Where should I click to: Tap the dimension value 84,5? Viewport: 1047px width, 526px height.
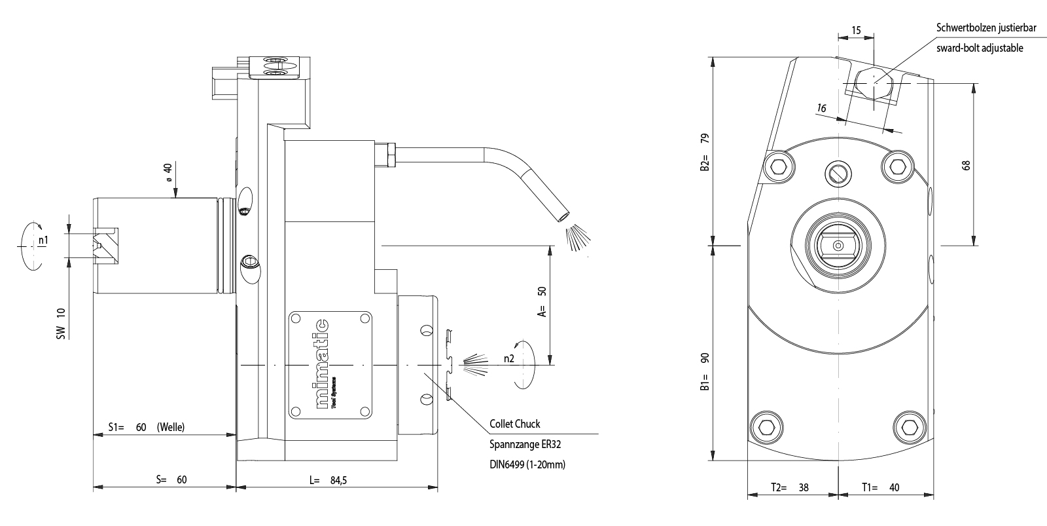pyautogui.click(x=338, y=480)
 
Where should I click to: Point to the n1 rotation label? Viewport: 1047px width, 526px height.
pyautogui.click(x=43, y=240)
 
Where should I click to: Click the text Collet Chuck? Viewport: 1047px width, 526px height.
pyautogui.click(x=515, y=424)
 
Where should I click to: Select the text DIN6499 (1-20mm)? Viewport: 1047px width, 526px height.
pyautogui.click(x=527, y=464)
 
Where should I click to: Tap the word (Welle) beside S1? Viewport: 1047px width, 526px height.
pyautogui.click(x=171, y=427)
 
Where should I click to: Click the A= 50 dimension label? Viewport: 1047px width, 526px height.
pyautogui.click(x=541, y=302)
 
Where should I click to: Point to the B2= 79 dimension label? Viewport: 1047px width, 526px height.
pyautogui.click(x=705, y=153)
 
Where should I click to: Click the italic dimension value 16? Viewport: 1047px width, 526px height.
pyautogui.click(x=822, y=108)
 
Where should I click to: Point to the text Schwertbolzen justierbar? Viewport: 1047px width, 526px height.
pyautogui.click(x=987, y=28)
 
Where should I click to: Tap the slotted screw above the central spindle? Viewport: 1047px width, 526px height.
pyautogui.click(x=838, y=172)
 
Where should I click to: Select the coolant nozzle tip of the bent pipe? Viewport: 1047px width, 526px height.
pyautogui.click(x=563, y=214)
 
